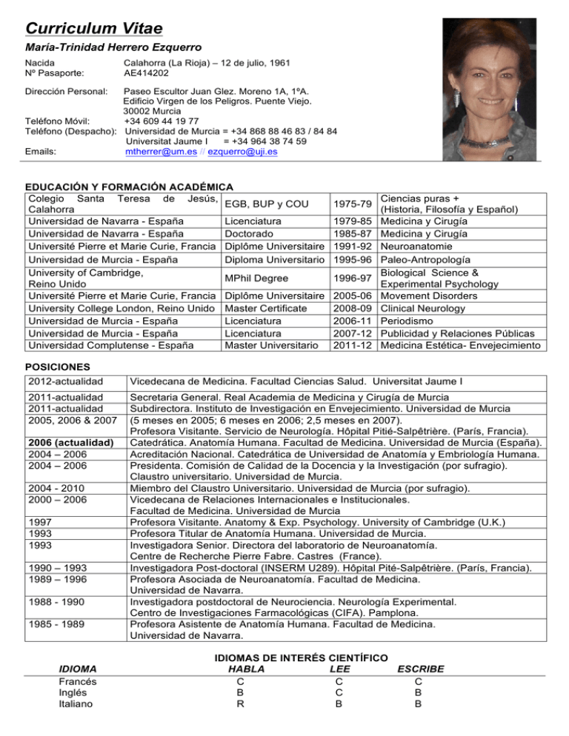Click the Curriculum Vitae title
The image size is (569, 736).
[94, 28]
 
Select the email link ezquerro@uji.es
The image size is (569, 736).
[243, 152]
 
